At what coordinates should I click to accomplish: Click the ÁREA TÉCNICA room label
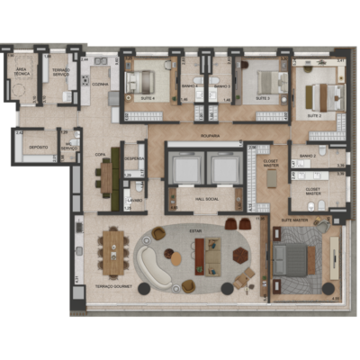(x=20, y=72)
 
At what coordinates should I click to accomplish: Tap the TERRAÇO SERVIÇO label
(x=61, y=72)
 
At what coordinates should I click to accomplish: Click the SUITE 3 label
(x=263, y=97)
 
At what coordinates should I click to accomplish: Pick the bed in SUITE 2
(x=323, y=94)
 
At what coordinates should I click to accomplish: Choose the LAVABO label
(x=134, y=198)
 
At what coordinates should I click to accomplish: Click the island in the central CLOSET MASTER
(x=270, y=178)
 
